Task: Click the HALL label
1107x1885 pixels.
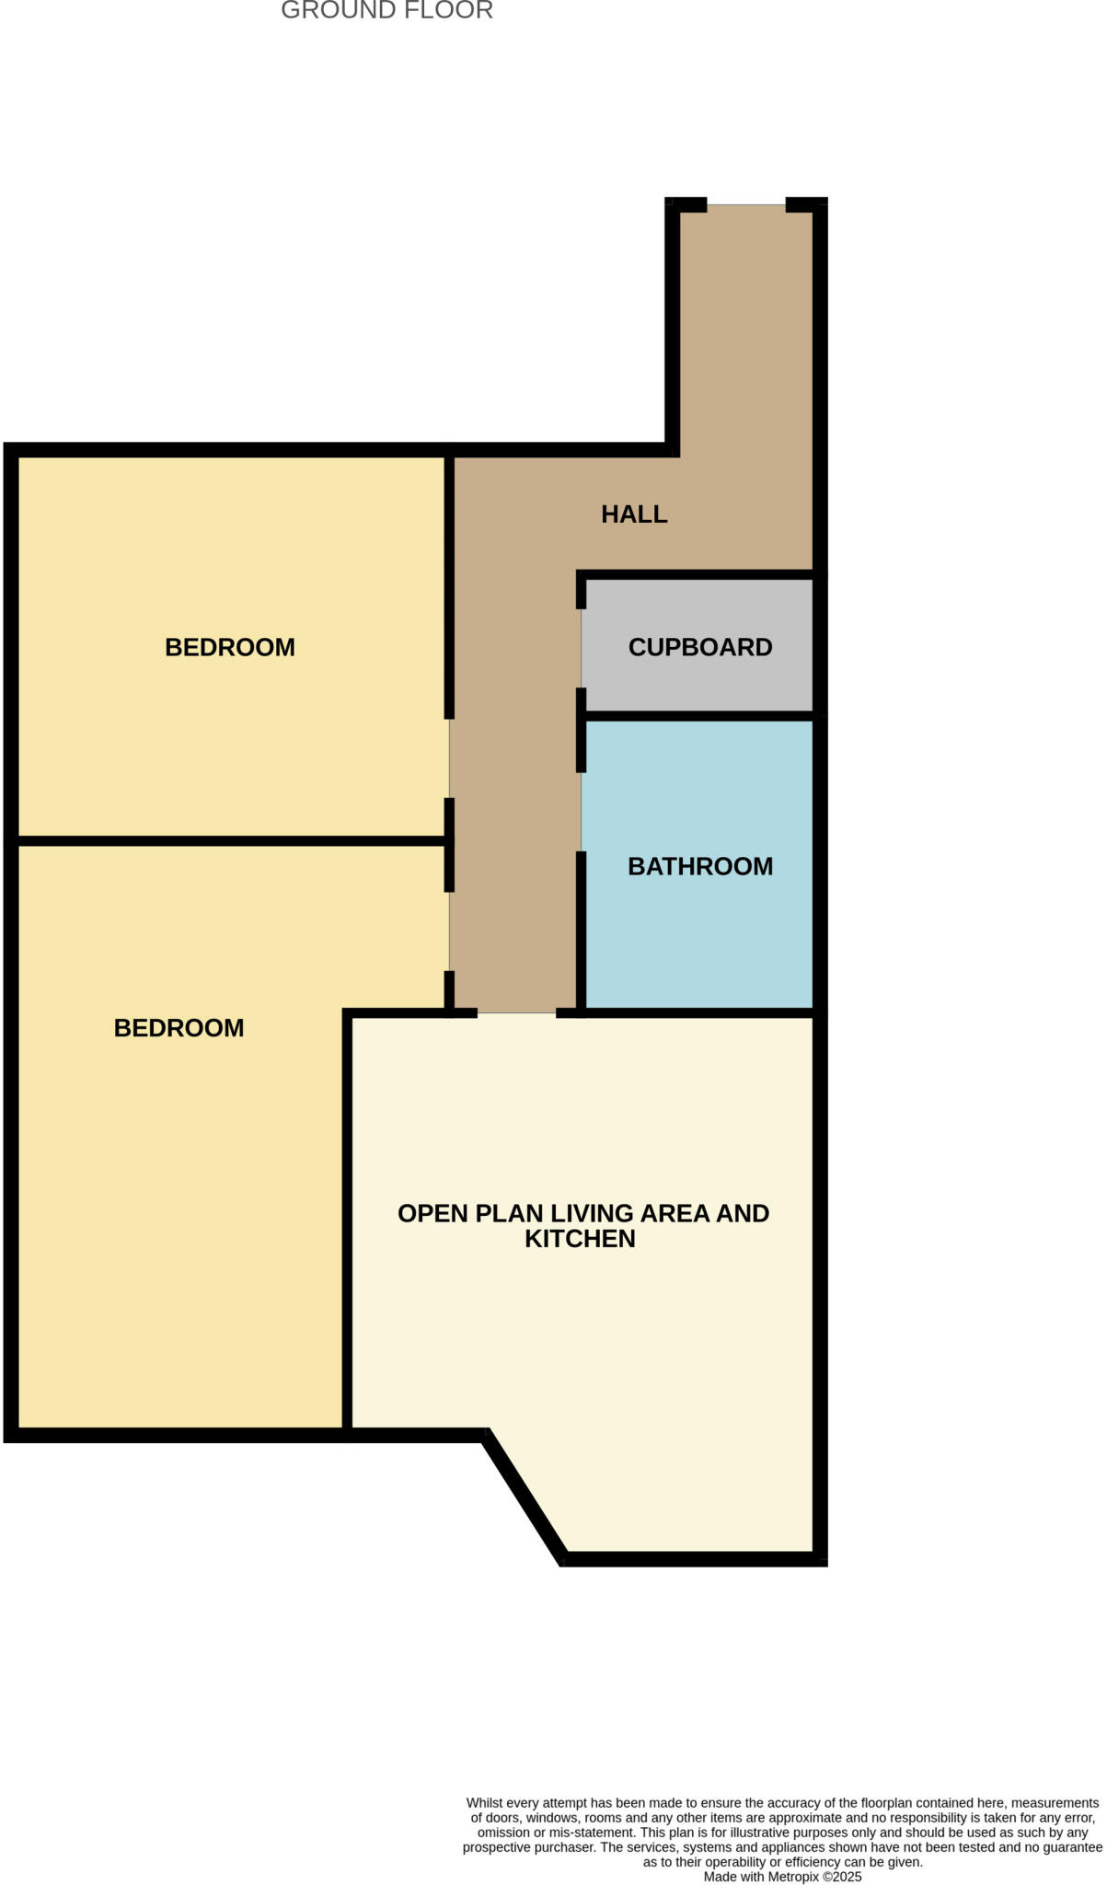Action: [x=634, y=515]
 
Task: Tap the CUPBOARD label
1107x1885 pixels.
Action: [x=699, y=647]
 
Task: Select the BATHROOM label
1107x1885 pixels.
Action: [x=699, y=866]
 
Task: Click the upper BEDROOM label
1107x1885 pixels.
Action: [x=230, y=647]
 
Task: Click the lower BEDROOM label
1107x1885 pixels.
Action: [x=179, y=1028]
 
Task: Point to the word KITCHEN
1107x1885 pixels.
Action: [x=580, y=1239]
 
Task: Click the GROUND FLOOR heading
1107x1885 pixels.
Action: [x=386, y=11]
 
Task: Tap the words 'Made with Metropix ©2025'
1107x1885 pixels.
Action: [x=782, y=1876]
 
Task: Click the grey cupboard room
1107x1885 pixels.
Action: [x=699, y=681]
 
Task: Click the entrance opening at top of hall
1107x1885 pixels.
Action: [x=745, y=205]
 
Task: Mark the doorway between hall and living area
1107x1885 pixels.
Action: [x=516, y=1012]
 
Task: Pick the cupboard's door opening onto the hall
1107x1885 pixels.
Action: [x=582, y=648]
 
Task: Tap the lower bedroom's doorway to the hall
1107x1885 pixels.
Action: [x=450, y=931]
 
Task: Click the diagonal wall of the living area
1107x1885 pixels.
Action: [x=524, y=1496]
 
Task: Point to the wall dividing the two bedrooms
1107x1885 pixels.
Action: [x=230, y=840]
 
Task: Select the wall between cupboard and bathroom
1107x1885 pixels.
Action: [x=699, y=715]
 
